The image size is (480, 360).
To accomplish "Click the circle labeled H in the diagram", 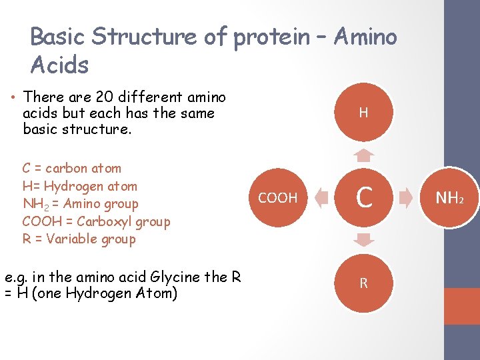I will [363, 113].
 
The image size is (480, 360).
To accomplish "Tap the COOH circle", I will [278, 198].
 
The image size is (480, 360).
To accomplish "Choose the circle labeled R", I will [363, 283].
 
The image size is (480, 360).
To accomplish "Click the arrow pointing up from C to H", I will [363, 156].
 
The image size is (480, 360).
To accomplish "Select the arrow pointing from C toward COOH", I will [321, 198].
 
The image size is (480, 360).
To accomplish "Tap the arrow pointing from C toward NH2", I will [406, 198].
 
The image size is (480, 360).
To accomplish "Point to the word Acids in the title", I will [59, 65].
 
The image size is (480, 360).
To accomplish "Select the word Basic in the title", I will [58, 37].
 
